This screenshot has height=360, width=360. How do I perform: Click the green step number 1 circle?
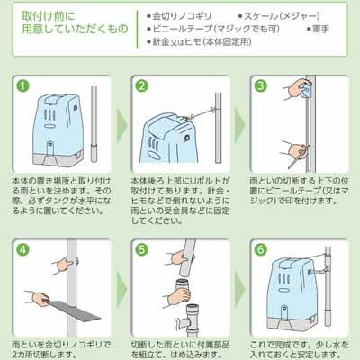point(23,86)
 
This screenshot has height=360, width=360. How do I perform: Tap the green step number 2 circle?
point(142,86)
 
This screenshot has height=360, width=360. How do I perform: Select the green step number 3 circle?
point(260,86)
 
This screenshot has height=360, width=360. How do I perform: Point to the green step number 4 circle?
point(23,249)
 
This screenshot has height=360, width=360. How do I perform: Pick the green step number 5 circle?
point(142,249)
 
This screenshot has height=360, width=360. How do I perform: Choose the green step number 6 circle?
point(260,249)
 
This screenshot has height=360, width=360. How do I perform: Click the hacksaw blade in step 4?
point(75,309)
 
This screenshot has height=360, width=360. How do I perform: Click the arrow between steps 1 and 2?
point(121,125)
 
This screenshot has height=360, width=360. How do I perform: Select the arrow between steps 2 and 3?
point(239,125)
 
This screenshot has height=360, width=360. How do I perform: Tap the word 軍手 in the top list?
point(321,29)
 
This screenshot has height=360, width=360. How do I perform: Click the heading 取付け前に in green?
point(49,16)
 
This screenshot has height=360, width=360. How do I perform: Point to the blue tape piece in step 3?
point(307,91)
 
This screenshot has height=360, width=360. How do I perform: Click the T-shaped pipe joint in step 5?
point(189,319)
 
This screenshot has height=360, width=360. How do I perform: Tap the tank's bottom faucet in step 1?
point(49,146)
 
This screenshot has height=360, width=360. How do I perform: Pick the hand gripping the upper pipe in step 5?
point(179,257)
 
